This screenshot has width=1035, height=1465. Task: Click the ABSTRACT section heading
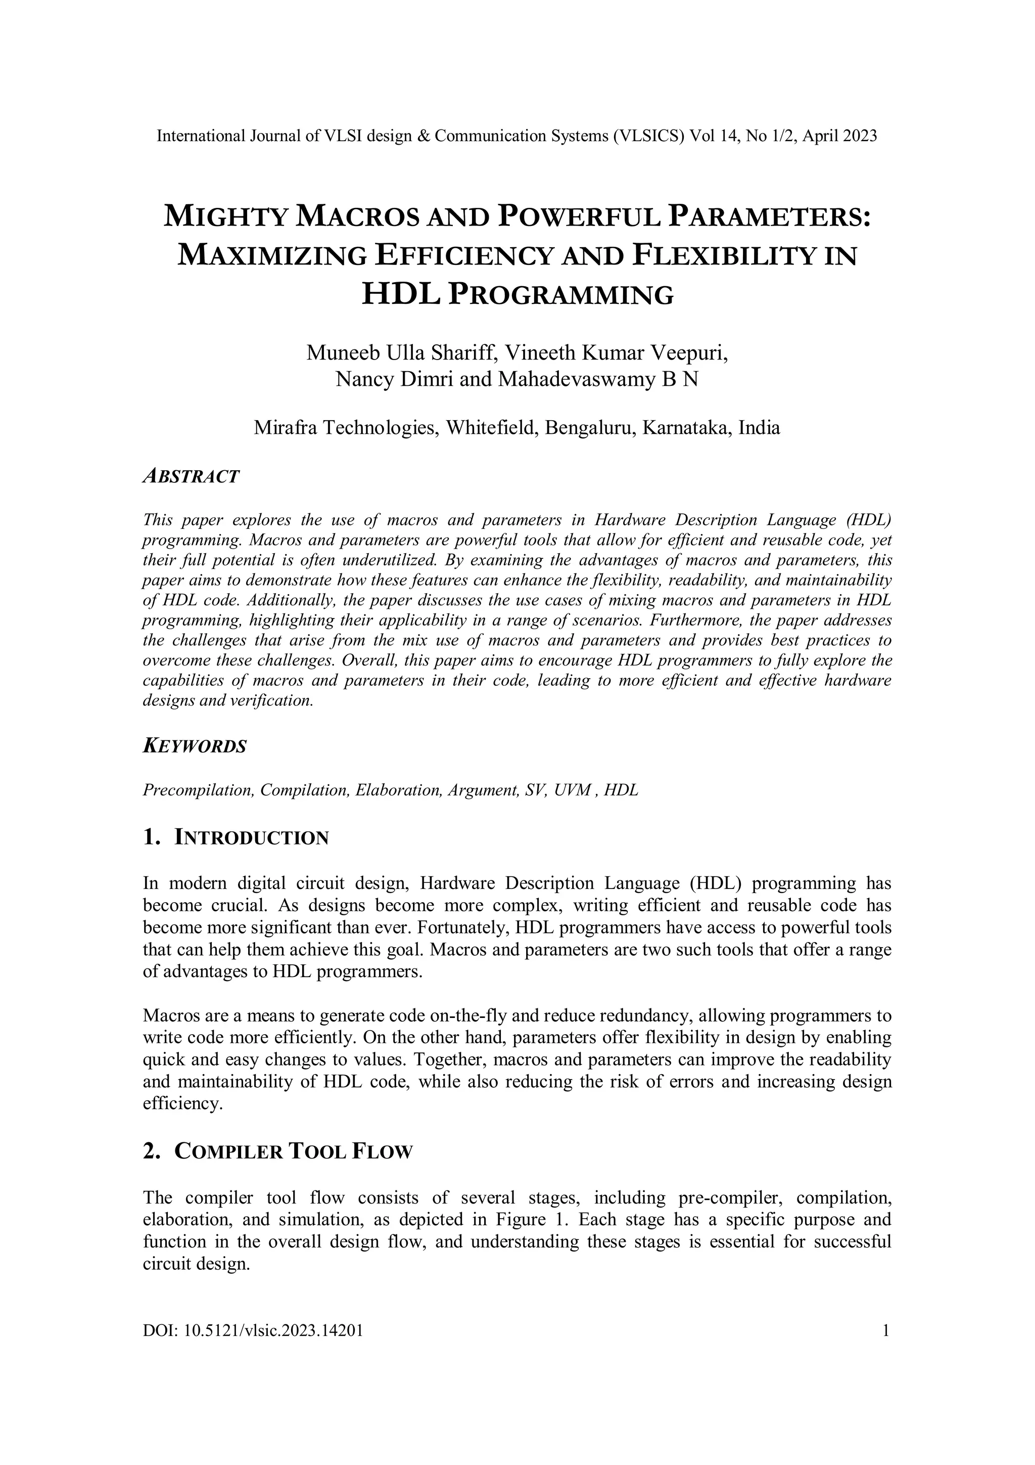point(191,476)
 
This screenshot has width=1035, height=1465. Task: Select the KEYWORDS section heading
point(195,746)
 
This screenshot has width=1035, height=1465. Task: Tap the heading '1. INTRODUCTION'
point(236,837)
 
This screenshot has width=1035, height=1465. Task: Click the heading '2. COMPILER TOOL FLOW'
point(278,1151)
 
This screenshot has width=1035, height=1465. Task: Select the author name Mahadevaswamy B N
point(597,380)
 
